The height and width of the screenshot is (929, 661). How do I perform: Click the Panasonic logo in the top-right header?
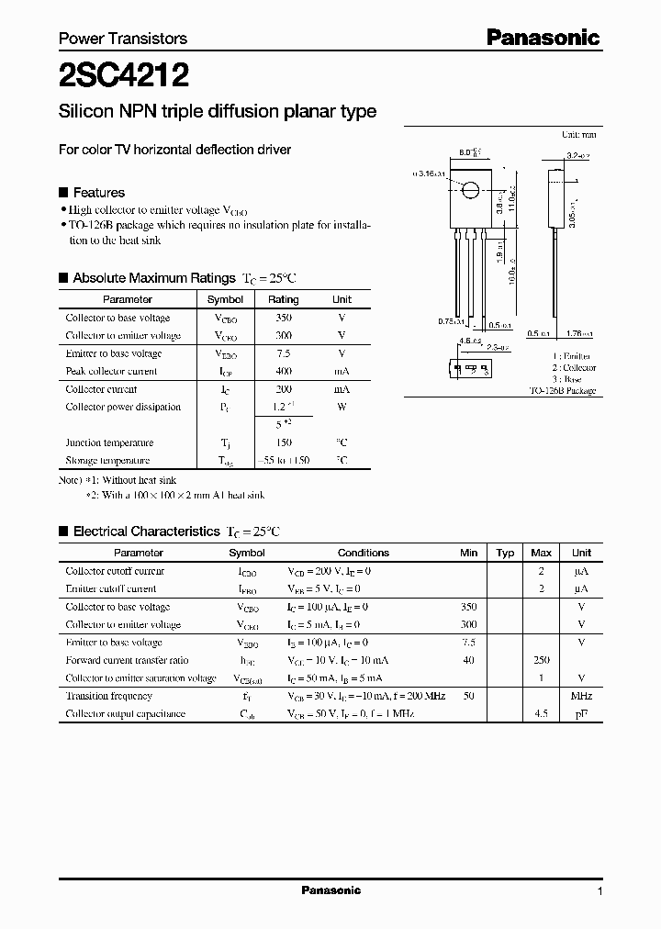[x=543, y=38]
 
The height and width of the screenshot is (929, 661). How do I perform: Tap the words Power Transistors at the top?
[x=123, y=39]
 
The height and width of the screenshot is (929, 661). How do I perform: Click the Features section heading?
[x=98, y=193]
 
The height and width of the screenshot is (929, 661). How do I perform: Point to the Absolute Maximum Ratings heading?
[x=153, y=277]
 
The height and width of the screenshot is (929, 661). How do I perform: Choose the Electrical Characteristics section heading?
[x=146, y=532]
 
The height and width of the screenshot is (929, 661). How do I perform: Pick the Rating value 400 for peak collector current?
[x=283, y=372]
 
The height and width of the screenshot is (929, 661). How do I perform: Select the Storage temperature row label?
[x=107, y=461]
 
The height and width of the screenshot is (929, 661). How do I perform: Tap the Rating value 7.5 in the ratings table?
[x=283, y=353]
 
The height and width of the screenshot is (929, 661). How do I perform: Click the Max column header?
[x=542, y=553]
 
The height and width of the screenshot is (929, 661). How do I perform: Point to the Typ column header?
[x=505, y=553]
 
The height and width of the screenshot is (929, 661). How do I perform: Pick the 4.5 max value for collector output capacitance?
[x=542, y=714]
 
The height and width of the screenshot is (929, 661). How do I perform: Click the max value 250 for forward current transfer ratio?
[x=542, y=661]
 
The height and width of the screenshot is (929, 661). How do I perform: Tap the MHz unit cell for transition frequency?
[x=581, y=697]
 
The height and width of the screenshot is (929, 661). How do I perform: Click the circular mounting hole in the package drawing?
[x=470, y=191]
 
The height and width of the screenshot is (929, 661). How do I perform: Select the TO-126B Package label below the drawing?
[x=563, y=391]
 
